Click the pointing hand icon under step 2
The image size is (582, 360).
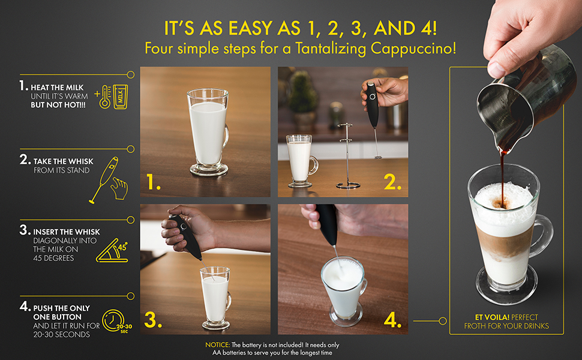pyautogui.click(x=119, y=188)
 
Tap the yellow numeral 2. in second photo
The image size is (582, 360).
pyautogui.click(x=393, y=184)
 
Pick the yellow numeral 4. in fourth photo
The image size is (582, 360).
pyautogui.click(x=392, y=320)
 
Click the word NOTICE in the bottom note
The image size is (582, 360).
pyautogui.click(x=218, y=345)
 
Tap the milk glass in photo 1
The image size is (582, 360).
pyautogui.click(x=208, y=132)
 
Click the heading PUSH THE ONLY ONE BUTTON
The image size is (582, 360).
pyautogui.click(x=58, y=311)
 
